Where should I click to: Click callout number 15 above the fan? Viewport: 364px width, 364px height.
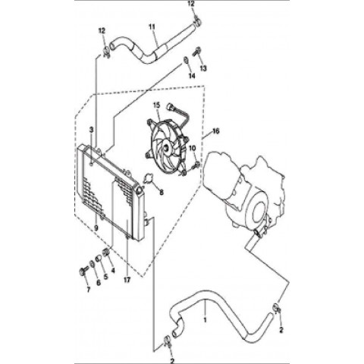(157, 105)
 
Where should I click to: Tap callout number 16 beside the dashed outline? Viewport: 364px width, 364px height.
(216, 131)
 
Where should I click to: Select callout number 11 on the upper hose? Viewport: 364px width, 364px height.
(152, 27)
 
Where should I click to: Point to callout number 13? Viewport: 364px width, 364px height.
(203, 68)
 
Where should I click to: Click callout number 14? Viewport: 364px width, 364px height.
(192, 76)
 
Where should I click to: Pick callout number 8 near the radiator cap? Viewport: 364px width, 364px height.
(162, 193)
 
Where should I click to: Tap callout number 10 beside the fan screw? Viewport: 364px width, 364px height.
(193, 148)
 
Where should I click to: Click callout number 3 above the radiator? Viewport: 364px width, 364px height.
(92, 130)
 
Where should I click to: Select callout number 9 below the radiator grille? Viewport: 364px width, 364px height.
(96, 227)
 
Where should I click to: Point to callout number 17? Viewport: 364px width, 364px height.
(127, 280)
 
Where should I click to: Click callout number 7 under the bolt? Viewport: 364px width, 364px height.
(88, 290)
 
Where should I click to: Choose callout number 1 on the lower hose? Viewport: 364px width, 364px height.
(206, 320)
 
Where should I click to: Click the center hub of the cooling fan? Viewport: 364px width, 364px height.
(166, 149)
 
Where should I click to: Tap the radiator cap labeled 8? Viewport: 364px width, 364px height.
(148, 179)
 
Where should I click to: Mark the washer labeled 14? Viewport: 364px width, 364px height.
(186, 60)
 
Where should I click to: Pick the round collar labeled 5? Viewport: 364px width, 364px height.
(99, 259)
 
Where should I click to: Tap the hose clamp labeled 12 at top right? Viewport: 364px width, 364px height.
(197, 21)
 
